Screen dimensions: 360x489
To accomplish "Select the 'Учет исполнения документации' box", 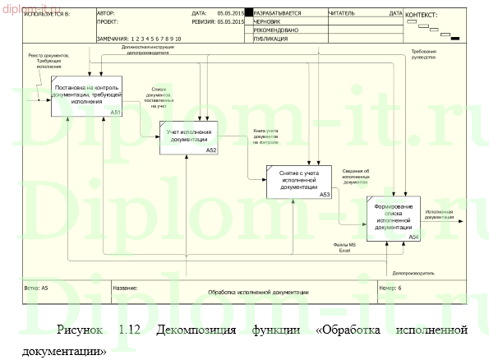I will point(188,136).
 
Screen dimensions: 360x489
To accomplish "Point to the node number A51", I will point(115,113).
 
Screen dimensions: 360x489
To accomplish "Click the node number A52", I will point(211,150).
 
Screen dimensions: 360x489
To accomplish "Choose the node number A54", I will point(413,237).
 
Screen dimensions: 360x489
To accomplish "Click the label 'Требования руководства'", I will point(424,54).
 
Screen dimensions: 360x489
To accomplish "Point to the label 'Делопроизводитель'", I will point(413,272).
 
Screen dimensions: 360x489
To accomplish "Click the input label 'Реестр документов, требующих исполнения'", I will point(48,61).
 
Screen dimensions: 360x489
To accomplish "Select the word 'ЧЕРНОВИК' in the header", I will point(267,22).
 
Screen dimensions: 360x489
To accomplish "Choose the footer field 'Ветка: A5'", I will point(37,288).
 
